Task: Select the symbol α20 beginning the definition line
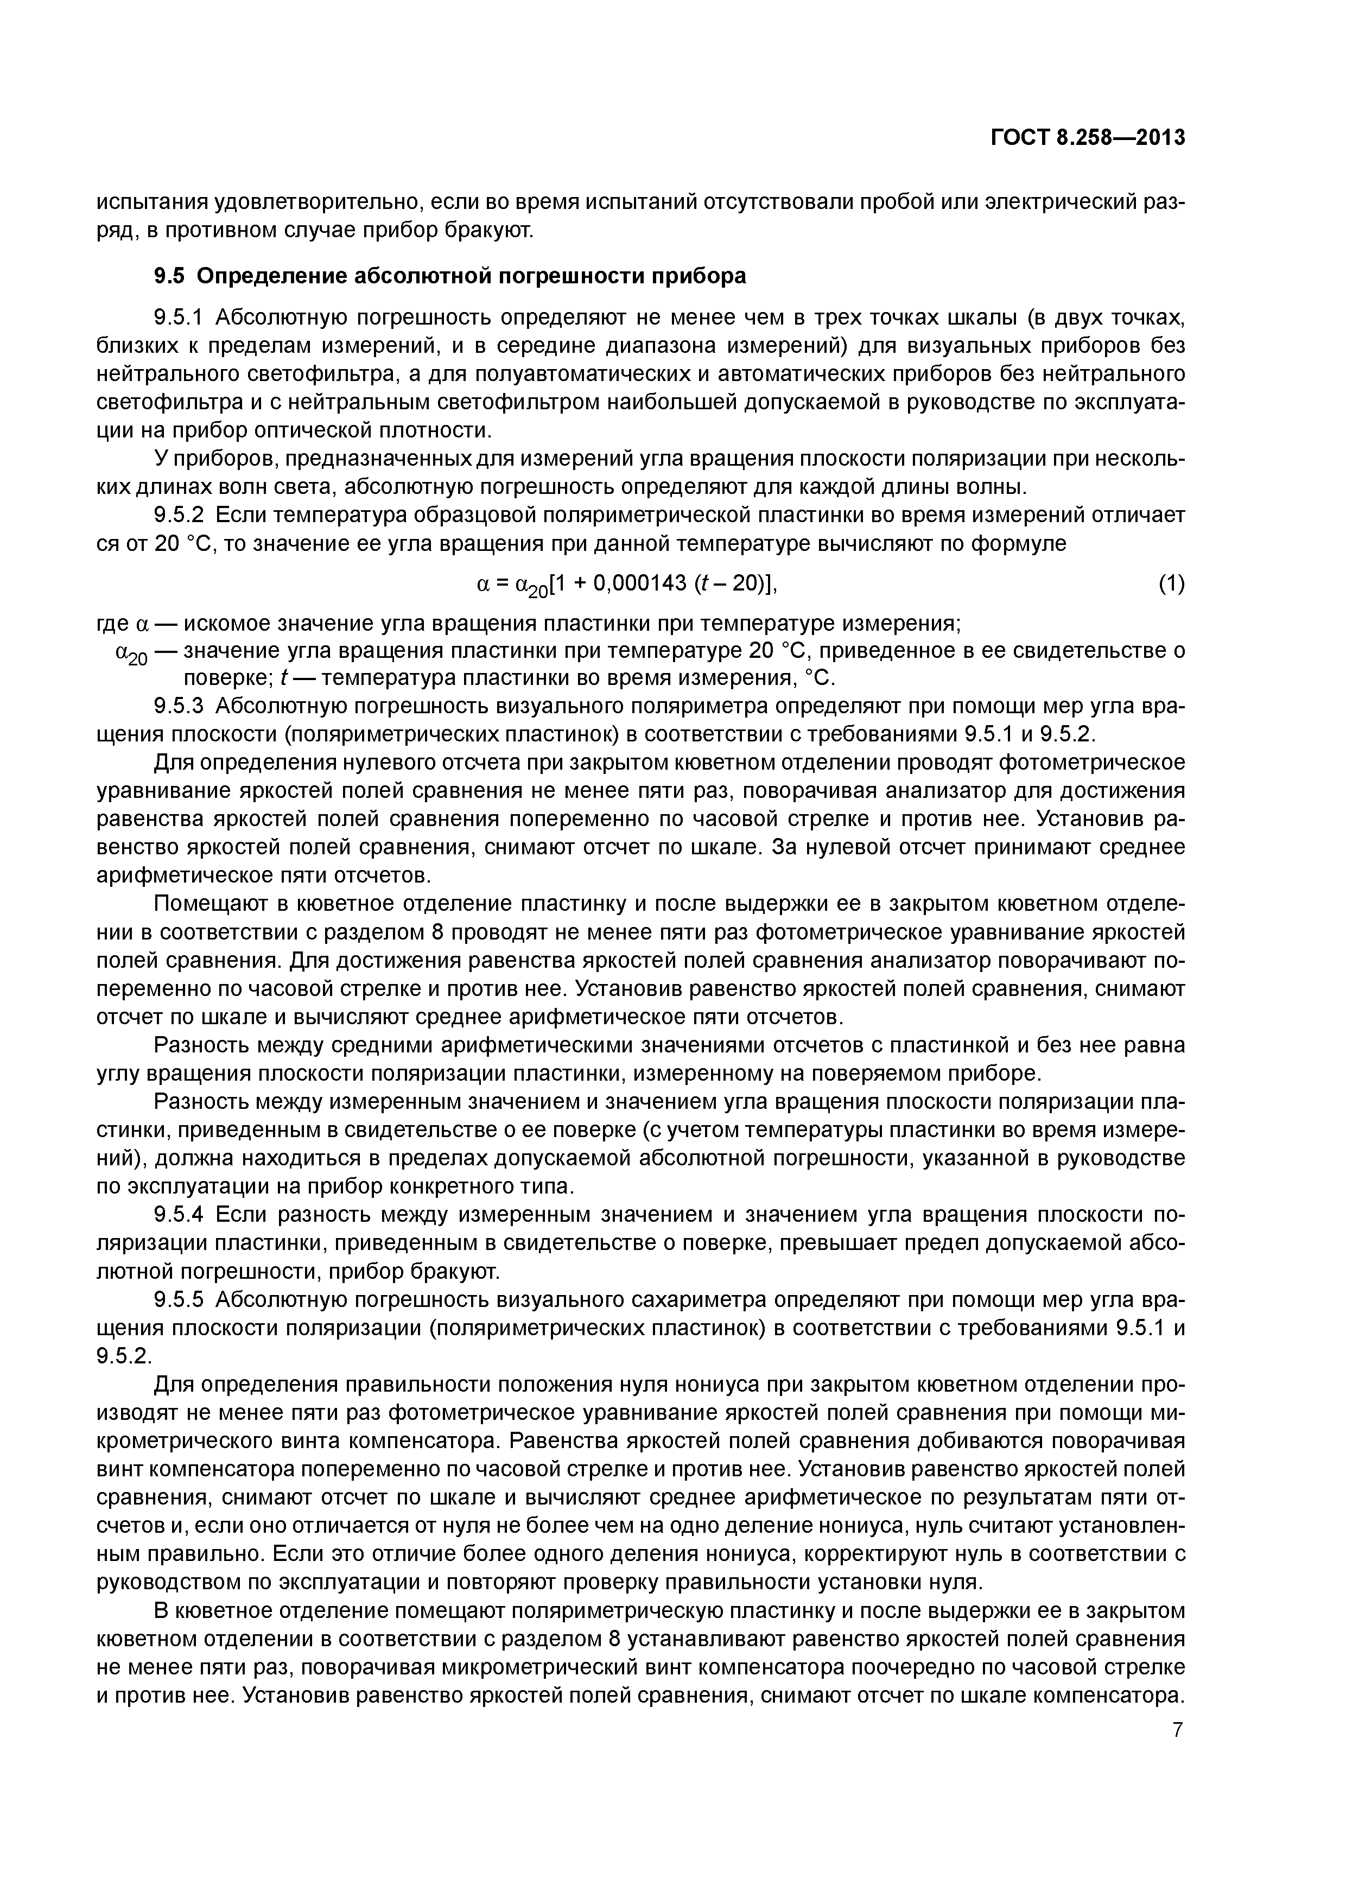pos(130,654)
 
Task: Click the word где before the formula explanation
pos(113,623)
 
